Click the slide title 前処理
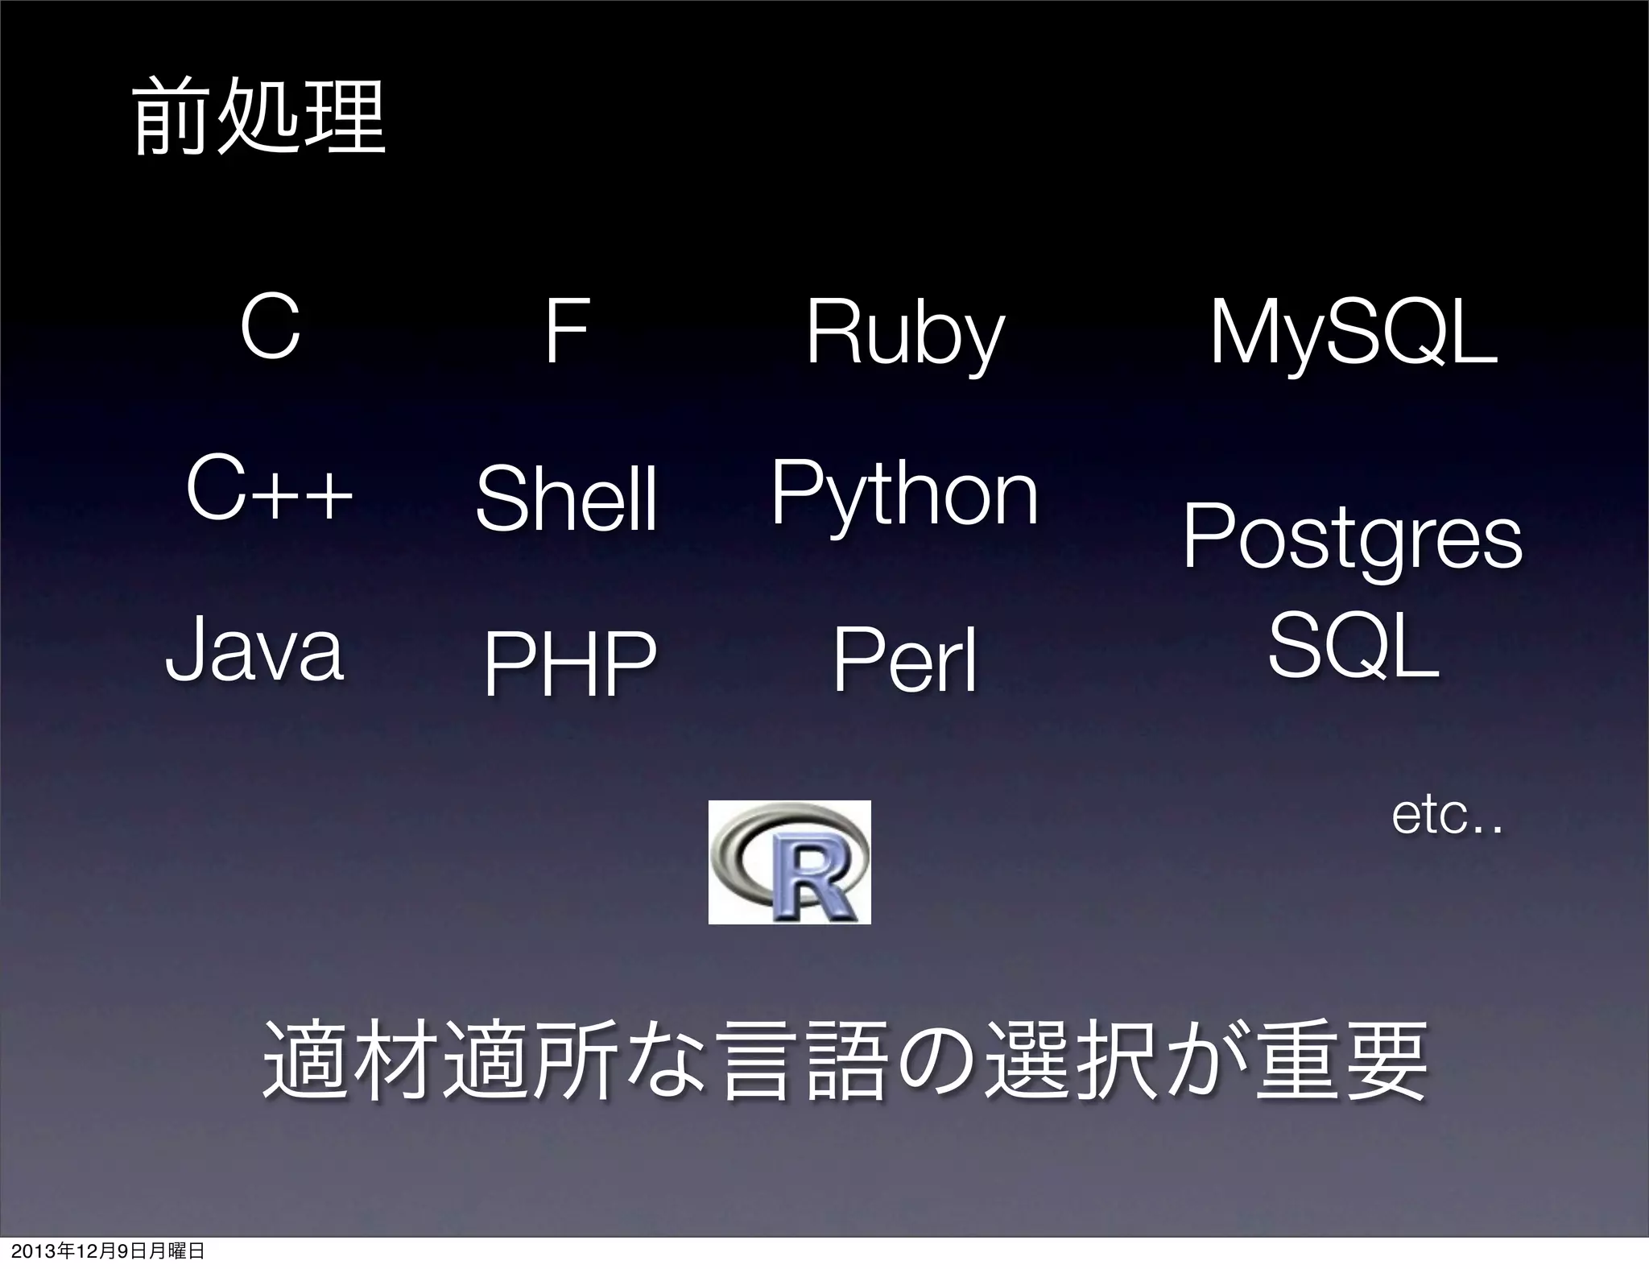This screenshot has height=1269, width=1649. pyautogui.click(x=259, y=120)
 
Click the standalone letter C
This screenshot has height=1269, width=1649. pyautogui.click(x=271, y=329)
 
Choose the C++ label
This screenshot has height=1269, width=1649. pyautogui.click(x=269, y=490)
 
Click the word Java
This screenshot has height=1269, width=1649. pyautogui.click(x=254, y=651)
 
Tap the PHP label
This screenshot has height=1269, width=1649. pyautogui.click(x=570, y=664)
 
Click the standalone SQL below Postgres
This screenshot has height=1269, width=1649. pyautogui.click(x=1354, y=644)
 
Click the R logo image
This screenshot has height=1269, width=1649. pyautogui.click(x=789, y=862)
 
